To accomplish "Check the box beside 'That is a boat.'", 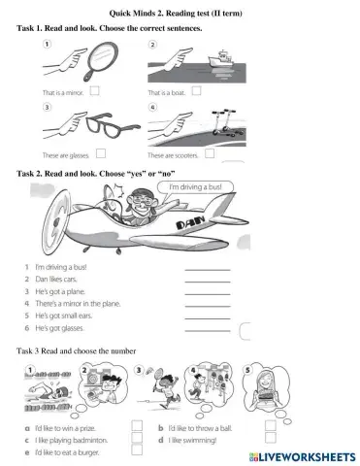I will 197,92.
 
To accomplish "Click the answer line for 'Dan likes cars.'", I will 207,282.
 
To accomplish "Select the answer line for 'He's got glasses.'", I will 207,331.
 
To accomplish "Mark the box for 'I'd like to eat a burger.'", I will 137,452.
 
